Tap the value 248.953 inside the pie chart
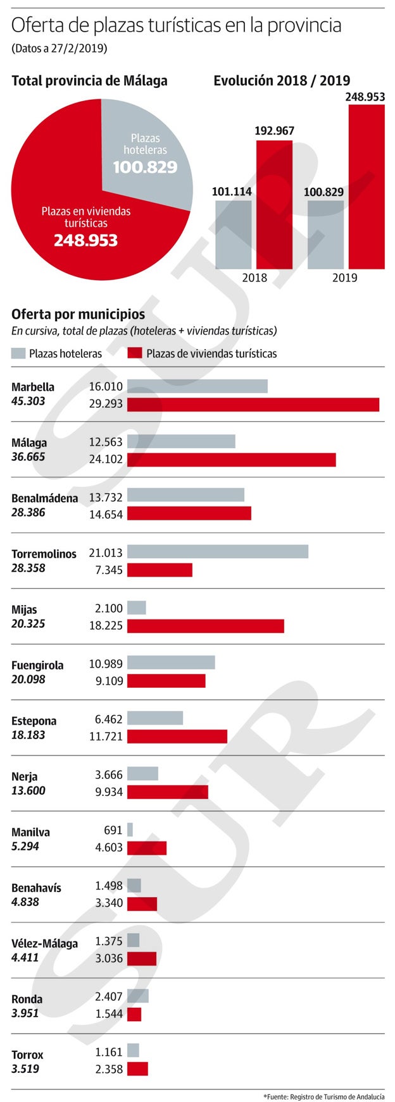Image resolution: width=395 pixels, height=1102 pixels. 85,240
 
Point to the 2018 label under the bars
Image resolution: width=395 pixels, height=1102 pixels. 254,278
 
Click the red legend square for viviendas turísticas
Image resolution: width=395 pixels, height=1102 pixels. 135,353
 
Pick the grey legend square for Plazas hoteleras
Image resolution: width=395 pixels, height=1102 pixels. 18,353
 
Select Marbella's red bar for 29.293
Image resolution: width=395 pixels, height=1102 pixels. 253,404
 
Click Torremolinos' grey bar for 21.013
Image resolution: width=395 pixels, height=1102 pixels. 218,552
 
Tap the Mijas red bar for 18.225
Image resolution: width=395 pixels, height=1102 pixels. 206,626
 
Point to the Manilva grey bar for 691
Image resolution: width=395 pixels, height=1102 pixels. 130,830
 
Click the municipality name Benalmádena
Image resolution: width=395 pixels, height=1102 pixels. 44,498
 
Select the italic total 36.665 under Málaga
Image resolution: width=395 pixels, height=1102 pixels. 28,456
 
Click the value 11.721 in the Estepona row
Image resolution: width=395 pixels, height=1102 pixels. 106,737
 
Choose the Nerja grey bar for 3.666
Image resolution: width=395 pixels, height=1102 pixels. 142,773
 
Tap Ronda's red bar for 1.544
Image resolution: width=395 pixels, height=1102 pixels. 134,1014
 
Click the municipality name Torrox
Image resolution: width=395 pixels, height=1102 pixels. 27,1055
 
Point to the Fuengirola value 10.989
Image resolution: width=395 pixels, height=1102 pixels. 106,663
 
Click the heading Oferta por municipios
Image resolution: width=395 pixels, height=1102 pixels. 78,314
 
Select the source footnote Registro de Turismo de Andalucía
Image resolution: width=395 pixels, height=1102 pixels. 324,1096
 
